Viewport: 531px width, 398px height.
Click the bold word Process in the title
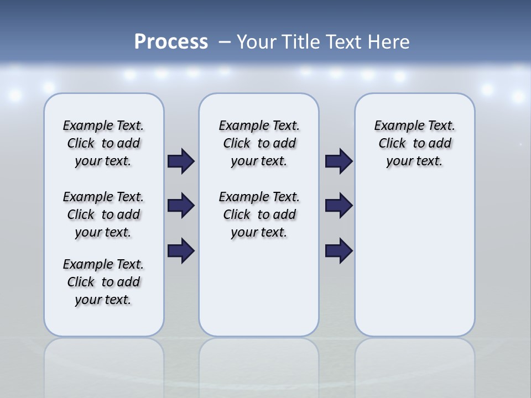171,42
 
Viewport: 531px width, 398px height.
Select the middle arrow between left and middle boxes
181,206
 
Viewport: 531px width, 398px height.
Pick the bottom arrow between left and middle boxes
181,251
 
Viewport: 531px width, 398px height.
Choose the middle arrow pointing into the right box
339,206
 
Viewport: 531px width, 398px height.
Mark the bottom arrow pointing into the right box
339,251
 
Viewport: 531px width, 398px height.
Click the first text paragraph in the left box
103,143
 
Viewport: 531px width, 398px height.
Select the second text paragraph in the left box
103,214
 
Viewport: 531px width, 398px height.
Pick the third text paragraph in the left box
103,282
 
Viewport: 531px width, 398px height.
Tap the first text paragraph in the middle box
259,143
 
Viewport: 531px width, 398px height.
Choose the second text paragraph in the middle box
259,214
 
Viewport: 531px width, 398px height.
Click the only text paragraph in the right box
415,143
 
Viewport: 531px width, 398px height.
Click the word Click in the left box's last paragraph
81,282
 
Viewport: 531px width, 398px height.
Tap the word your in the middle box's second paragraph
244,233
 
